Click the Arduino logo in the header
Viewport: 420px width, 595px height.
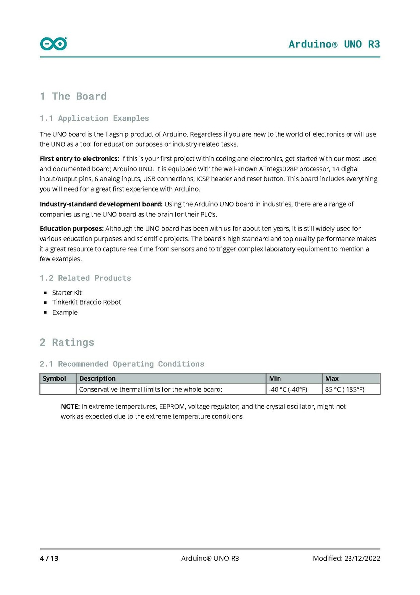click(x=53, y=44)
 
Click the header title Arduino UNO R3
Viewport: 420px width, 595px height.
click(x=334, y=44)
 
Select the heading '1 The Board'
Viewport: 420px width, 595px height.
click(x=73, y=96)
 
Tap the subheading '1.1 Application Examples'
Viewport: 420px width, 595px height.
click(x=94, y=118)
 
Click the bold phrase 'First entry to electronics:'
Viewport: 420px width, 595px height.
click(x=78, y=159)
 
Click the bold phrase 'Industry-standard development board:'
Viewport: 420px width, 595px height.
click(x=101, y=204)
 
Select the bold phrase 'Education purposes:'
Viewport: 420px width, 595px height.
click(x=71, y=229)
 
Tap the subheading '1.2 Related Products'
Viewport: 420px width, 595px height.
click(x=85, y=278)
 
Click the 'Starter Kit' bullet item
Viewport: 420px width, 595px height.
click(x=67, y=293)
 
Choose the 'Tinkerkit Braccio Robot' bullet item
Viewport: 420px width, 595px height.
click(x=86, y=302)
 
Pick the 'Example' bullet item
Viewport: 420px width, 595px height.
click(x=65, y=312)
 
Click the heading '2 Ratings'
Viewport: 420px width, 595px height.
click(x=67, y=342)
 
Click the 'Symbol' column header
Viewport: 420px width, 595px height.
click(x=54, y=378)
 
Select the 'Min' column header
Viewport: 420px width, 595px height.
click(x=275, y=378)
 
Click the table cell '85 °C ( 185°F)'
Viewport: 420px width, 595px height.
click(x=345, y=389)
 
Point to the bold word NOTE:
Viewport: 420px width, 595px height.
click(x=70, y=406)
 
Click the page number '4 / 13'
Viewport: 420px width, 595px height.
click(x=49, y=558)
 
